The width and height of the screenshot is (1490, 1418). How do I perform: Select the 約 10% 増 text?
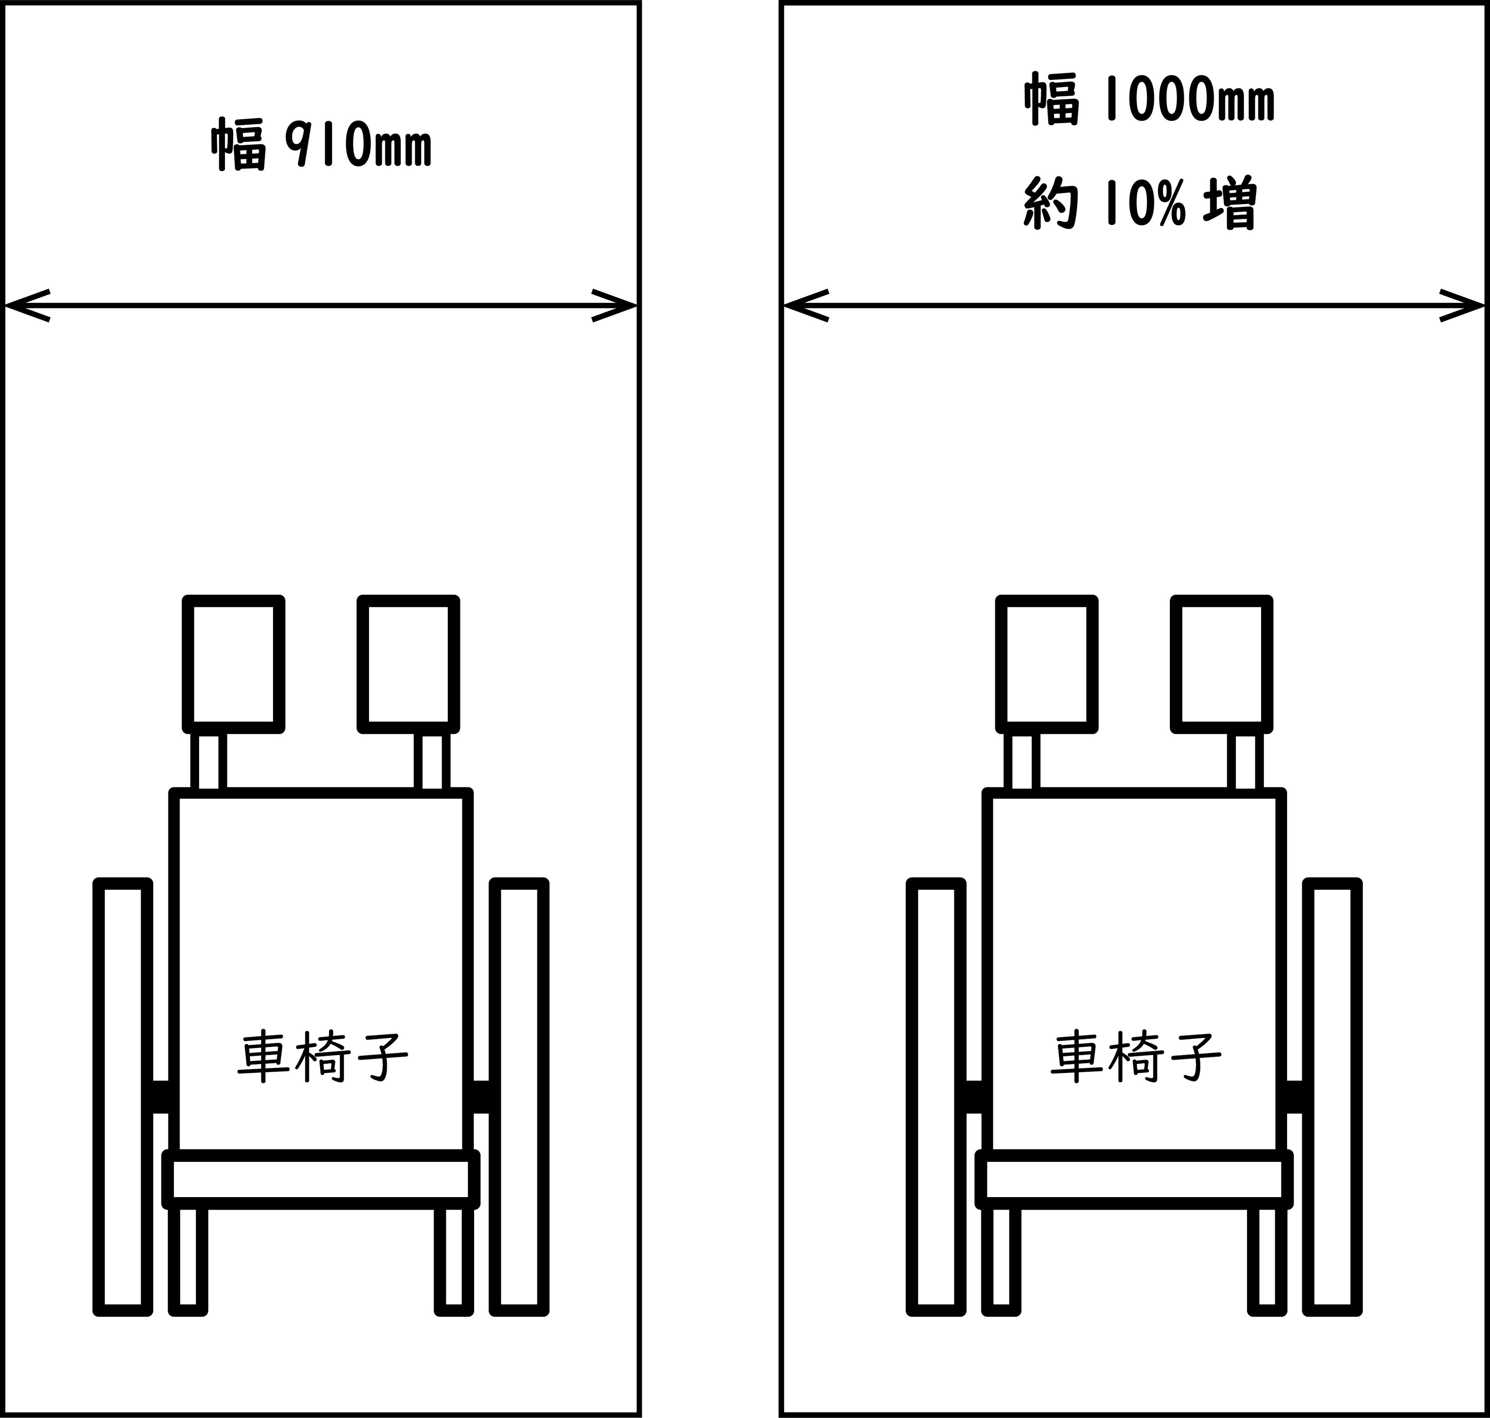click(x=1141, y=203)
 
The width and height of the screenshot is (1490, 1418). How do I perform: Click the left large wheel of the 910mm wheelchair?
click(x=122, y=1096)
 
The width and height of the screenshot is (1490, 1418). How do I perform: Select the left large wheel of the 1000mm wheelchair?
click(x=936, y=1096)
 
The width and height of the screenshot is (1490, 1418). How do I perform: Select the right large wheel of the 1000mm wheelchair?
click(x=1333, y=1096)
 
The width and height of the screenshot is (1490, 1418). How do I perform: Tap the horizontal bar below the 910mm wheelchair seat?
click(x=321, y=1179)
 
